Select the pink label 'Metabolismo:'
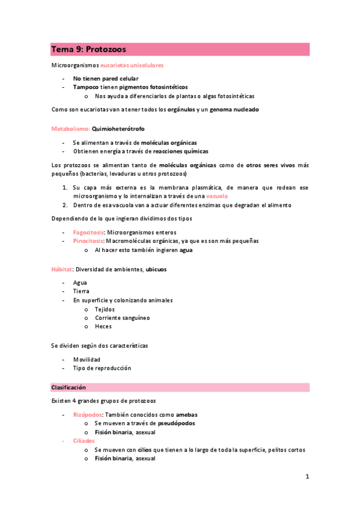tap(70, 129)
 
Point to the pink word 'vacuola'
tap(217, 197)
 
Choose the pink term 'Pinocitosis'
tap(88, 241)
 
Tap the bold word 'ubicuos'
tap(156, 269)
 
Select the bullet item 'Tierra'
tap(81, 291)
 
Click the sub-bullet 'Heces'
tap(103, 327)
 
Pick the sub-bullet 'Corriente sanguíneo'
tap(122, 318)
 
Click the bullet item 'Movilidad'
tap(87, 360)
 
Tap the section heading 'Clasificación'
tap(69, 388)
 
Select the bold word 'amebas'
tap(186, 415)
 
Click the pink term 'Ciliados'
tap(84, 441)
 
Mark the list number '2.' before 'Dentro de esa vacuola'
tap(66, 205)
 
